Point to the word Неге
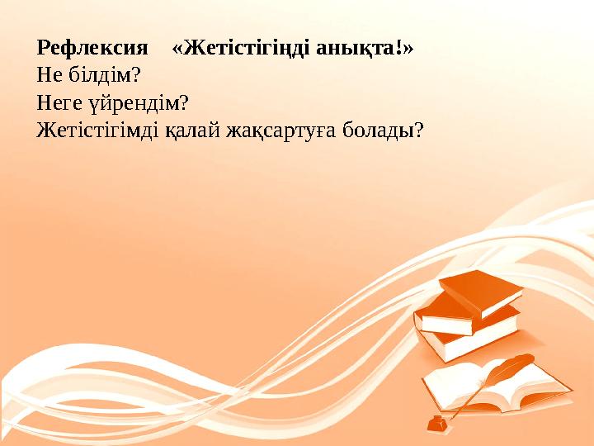59,103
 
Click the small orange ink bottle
435,424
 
